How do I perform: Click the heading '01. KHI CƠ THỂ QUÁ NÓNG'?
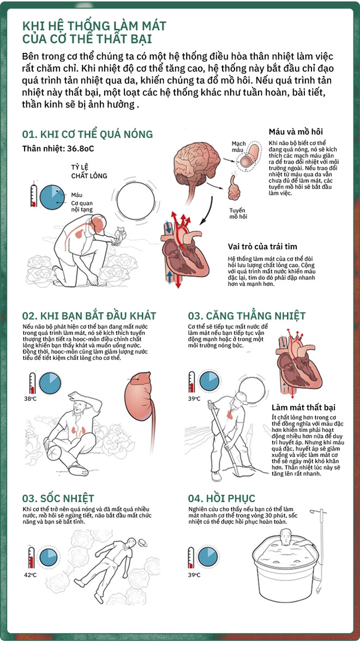[x=87, y=134]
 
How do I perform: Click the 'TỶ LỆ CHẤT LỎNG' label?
[x=89, y=171]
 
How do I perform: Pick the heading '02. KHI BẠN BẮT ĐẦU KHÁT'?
[x=89, y=316]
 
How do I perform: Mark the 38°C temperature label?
[x=30, y=399]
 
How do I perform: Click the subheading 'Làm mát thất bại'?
[x=303, y=407]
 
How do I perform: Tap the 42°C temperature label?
[x=30, y=575]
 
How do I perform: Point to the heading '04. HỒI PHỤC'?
[x=218, y=497]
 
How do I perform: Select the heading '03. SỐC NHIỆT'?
[x=58, y=498]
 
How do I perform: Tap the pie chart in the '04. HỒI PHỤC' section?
[x=208, y=557]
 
